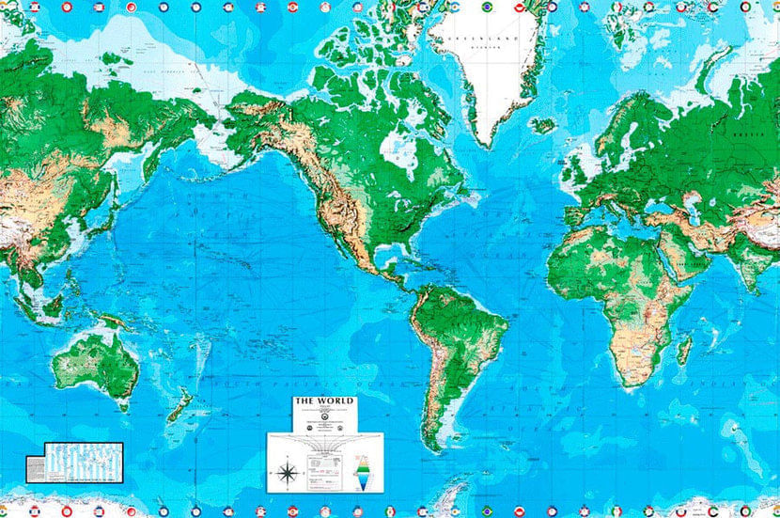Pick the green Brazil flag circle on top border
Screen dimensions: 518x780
coord(487,8)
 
